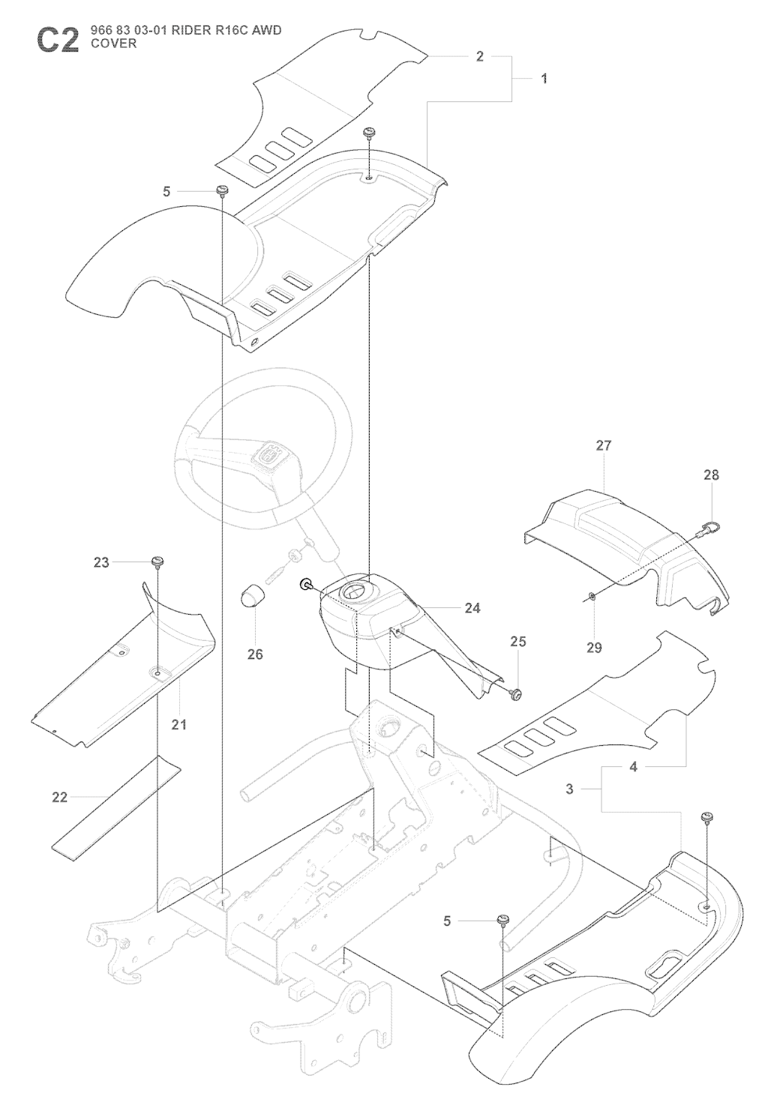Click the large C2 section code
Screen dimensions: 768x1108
click(x=58, y=40)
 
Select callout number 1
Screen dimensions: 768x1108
click(x=544, y=79)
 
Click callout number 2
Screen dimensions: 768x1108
click(x=479, y=56)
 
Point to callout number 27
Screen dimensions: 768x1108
click(x=604, y=445)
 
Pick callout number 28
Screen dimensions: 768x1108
click(x=711, y=475)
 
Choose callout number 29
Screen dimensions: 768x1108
click(x=594, y=648)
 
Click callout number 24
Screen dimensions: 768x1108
click(x=472, y=608)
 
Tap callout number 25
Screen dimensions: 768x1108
click(x=517, y=641)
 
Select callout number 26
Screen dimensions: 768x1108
click(x=255, y=654)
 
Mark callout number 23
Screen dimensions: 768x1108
click(x=101, y=562)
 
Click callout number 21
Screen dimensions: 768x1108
click(x=179, y=725)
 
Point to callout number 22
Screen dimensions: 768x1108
click(x=60, y=798)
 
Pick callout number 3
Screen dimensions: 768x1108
click(x=569, y=789)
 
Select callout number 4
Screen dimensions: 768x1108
click(x=634, y=767)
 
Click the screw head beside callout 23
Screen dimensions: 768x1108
click(x=157, y=561)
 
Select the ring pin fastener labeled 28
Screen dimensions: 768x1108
click(x=708, y=530)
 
